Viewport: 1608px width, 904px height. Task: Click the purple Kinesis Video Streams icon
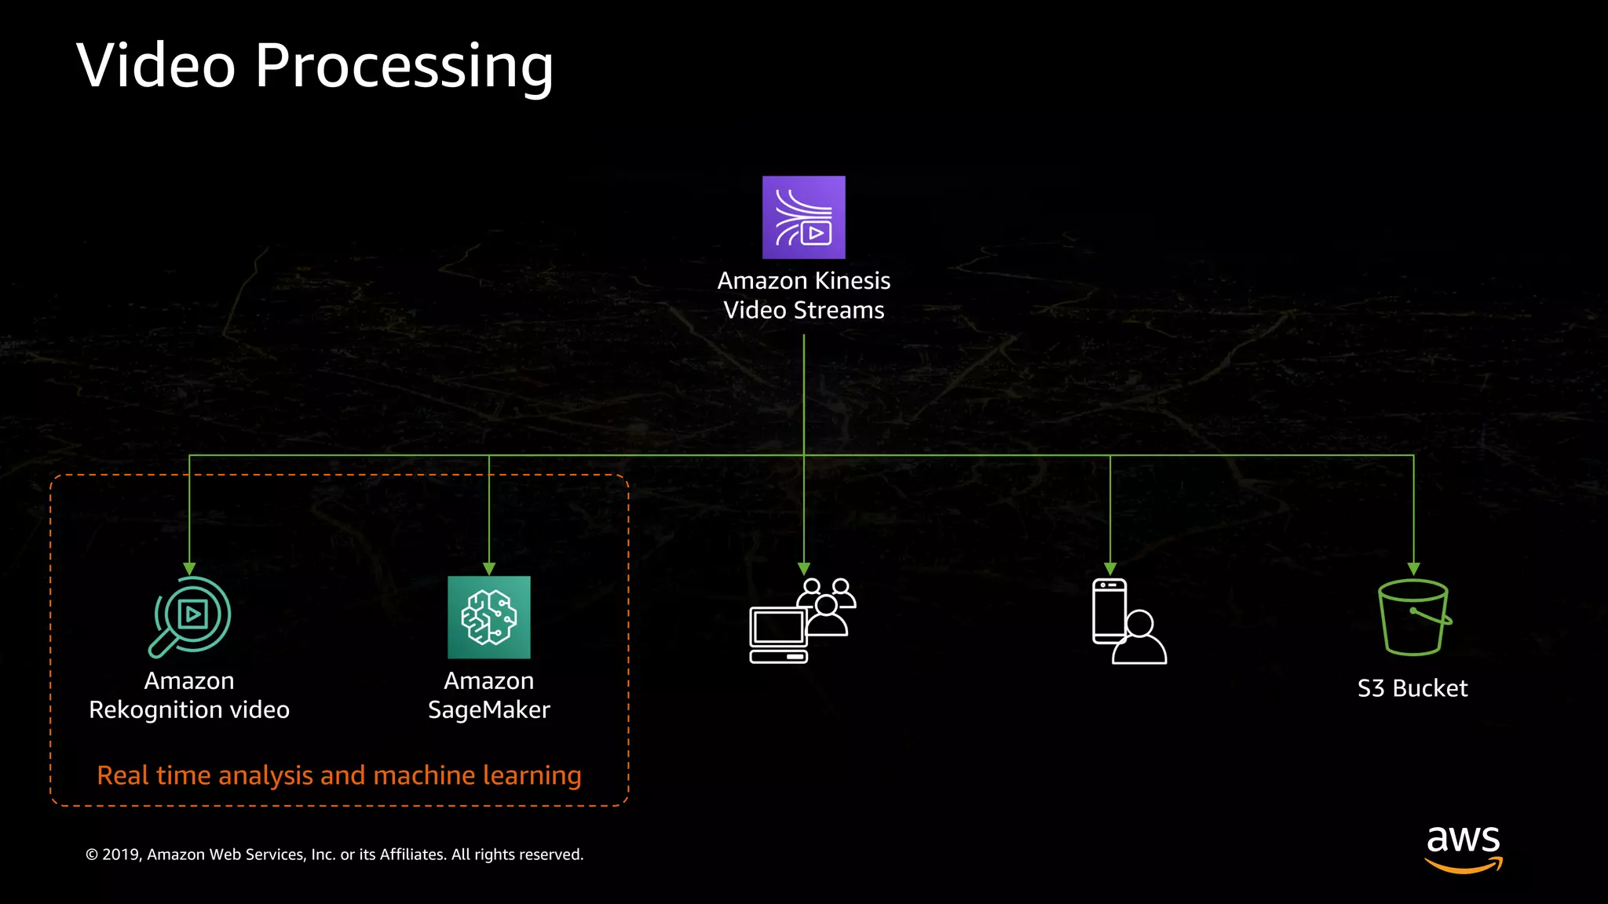tap(803, 217)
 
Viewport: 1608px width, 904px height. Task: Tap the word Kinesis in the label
tap(853, 281)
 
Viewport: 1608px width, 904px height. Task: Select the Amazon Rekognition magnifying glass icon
tap(190, 617)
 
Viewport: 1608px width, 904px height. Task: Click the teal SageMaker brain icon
tap(488, 618)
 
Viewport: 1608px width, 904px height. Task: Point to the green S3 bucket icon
tap(1413, 618)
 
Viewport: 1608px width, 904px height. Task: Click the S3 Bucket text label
tap(1412, 688)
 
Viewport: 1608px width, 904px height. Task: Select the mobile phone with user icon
tap(1127, 621)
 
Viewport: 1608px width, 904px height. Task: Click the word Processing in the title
tap(404, 66)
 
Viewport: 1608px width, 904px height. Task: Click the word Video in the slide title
tap(155, 66)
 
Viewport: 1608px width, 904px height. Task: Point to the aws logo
tap(1463, 847)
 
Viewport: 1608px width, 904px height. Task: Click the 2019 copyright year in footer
tap(120, 855)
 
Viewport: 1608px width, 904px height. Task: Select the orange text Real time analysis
tap(204, 775)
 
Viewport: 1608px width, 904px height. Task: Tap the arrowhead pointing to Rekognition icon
tap(189, 568)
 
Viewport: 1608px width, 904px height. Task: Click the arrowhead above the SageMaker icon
tap(489, 568)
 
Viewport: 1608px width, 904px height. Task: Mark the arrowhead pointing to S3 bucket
tap(1413, 568)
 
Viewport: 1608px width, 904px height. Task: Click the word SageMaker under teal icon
tap(488, 710)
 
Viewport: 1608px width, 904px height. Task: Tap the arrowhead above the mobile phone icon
tap(1109, 568)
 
